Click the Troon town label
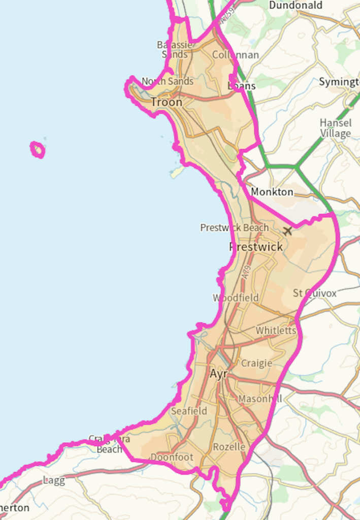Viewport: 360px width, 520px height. point(167,102)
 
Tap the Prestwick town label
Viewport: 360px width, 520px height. point(256,247)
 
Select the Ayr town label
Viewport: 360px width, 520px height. point(218,374)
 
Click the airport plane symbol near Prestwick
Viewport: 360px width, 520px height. point(288,231)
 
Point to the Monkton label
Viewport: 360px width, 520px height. point(272,192)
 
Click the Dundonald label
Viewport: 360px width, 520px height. point(296,6)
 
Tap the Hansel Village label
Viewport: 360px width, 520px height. point(335,128)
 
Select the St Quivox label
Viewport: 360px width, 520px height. point(315,294)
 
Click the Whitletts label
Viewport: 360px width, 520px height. point(276,331)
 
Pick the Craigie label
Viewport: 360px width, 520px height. point(256,363)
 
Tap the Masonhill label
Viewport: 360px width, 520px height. point(260,399)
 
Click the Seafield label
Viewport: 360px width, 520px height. point(189,411)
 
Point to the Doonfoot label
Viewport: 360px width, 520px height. point(172,458)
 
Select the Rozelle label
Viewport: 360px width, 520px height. point(229,447)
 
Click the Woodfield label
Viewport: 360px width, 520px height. point(236,298)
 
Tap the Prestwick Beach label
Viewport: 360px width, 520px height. point(234,227)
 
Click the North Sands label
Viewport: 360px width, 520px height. point(168,81)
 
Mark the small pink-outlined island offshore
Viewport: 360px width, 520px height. point(38,150)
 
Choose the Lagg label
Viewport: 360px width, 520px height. point(54,480)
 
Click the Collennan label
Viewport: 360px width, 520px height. point(235,55)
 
